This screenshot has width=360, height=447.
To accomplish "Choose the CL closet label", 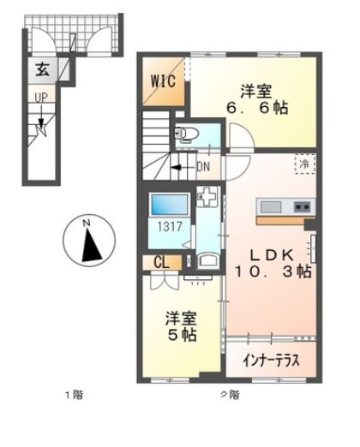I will [160, 264].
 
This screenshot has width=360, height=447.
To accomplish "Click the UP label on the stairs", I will [39, 98].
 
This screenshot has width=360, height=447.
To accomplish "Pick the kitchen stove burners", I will [301, 206].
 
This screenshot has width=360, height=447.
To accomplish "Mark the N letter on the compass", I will [86, 224].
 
